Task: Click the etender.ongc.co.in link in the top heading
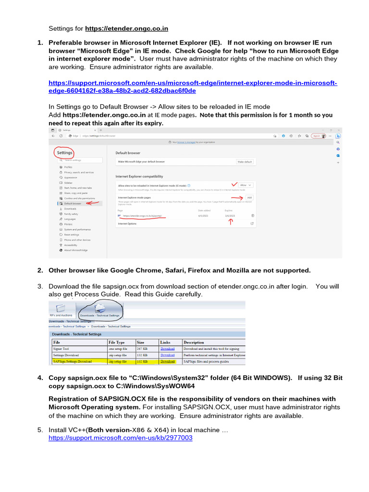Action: [127, 28]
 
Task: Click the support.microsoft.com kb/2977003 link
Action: [120, 438]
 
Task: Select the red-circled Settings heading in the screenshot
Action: [65, 153]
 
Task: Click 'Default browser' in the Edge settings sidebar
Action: [73, 203]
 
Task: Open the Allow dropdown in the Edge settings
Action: [246, 184]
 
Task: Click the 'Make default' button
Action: [245, 162]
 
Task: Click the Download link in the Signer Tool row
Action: [167, 348]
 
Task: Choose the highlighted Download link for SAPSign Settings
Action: [168, 361]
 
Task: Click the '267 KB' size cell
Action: [143, 348]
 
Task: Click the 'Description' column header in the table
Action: [194, 342]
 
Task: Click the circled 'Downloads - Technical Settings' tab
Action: [99, 311]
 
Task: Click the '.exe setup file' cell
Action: [118, 348]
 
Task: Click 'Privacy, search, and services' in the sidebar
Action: [79, 172]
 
